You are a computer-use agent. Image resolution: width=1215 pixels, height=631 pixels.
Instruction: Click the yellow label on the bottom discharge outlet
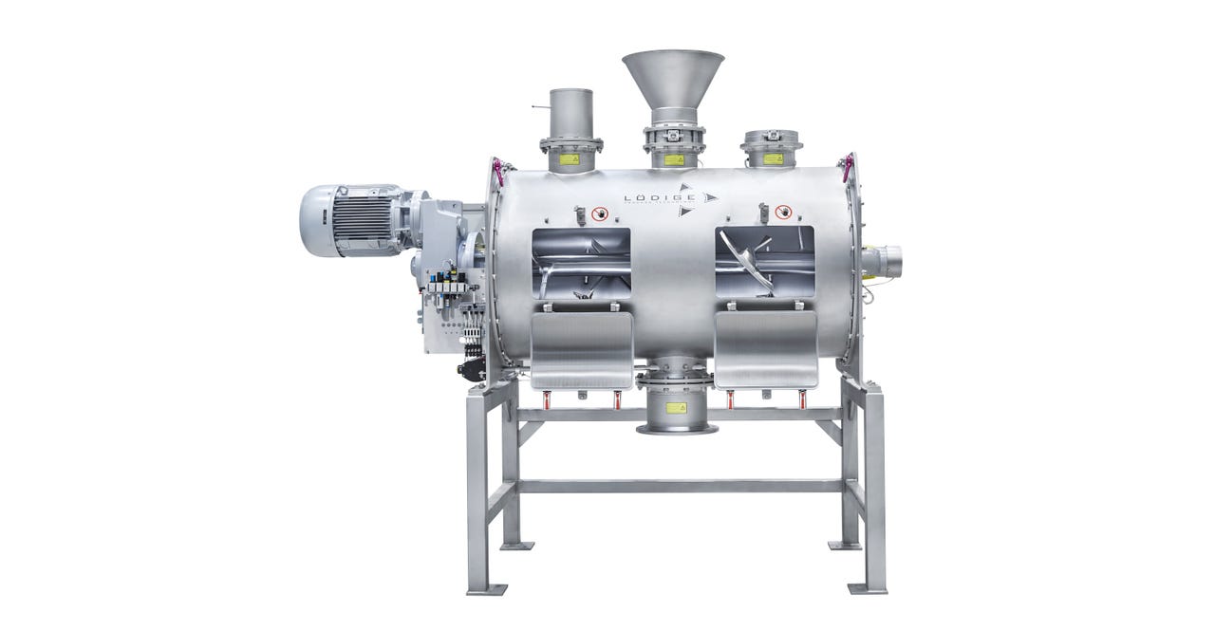[x=675, y=407]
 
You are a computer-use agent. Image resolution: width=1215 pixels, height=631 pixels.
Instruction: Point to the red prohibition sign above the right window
[x=782, y=212]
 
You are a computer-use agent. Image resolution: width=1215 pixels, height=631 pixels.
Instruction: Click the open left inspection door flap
[x=582, y=350]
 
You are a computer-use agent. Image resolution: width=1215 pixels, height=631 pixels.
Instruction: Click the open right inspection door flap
[x=766, y=350]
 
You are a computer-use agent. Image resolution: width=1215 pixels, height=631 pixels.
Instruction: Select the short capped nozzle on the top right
[x=772, y=149]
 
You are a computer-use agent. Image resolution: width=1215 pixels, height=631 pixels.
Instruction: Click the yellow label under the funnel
[x=674, y=159]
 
